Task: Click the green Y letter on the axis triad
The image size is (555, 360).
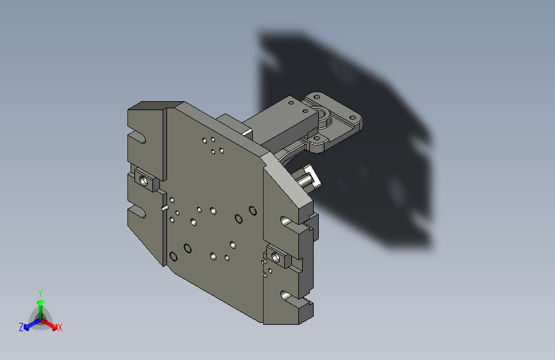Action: pos(40,293)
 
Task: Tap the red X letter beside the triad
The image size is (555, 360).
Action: pos(60,327)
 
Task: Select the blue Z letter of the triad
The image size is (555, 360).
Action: pos(21,327)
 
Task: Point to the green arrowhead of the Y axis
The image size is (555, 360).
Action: pos(41,302)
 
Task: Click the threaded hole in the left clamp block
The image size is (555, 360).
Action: pos(143,181)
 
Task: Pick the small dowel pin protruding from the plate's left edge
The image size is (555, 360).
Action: pos(165,208)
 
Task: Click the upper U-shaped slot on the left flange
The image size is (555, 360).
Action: pos(138,137)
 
